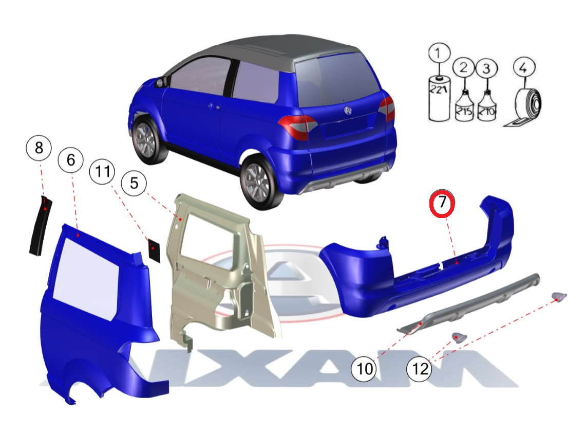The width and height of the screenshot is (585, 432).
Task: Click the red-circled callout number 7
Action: (442, 203)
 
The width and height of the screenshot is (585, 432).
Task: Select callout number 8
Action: (39, 148)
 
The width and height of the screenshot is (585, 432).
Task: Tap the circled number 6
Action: (70, 160)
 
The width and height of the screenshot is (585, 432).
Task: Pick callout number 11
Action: (102, 172)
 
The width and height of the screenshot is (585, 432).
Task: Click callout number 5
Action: (134, 183)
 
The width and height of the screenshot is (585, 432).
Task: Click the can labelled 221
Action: (439, 98)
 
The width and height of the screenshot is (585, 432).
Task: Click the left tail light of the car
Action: (297, 125)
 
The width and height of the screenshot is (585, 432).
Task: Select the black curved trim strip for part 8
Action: (40, 225)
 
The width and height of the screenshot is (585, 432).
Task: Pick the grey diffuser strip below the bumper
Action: (468, 304)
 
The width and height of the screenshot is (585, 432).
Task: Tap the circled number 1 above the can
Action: (439, 53)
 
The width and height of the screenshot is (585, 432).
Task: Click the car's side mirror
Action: (160, 82)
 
